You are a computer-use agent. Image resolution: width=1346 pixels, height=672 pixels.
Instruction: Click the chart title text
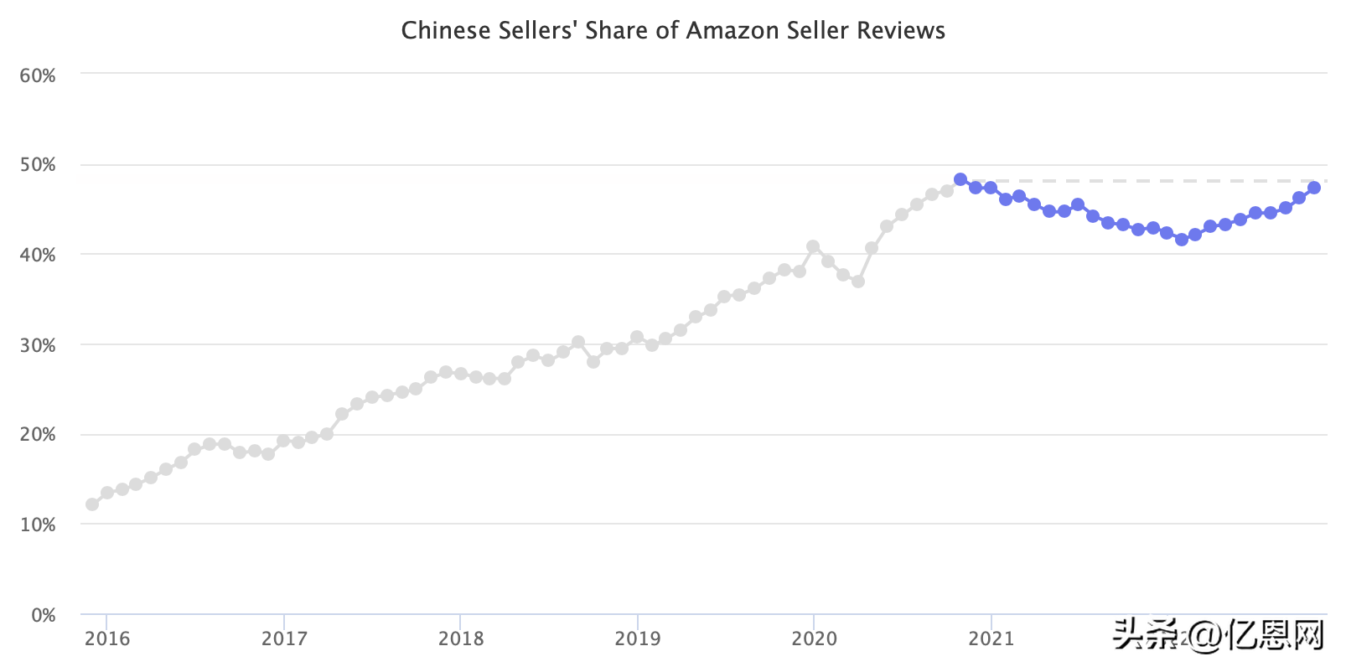(673, 31)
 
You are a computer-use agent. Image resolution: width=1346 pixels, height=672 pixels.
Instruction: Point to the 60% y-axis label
(38, 75)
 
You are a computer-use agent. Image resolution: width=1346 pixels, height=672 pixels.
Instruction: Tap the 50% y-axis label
(38, 164)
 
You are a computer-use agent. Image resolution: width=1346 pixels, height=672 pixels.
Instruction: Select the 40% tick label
(38, 255)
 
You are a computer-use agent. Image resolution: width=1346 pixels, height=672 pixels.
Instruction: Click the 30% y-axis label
(38, 345)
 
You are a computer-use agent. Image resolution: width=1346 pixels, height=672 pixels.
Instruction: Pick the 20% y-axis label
(38, 434)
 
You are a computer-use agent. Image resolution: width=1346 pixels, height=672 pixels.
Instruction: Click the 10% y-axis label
(38, 525)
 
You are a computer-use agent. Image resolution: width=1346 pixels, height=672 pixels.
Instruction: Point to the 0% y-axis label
(43, 615)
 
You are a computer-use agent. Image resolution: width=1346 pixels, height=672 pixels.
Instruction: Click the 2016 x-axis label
(107, 638)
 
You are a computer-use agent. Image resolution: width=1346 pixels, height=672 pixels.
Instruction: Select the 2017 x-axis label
(284, 638)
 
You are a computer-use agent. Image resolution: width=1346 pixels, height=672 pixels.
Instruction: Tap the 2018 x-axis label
(461, 638)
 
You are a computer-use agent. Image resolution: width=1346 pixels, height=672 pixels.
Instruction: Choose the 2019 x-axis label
(638, 638)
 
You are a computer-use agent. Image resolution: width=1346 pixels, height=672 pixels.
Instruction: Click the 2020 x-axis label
(814, 638)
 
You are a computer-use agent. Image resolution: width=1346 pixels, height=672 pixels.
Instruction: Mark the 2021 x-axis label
(991, 638)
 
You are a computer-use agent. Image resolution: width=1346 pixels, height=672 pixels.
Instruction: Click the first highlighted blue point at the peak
(960, 179)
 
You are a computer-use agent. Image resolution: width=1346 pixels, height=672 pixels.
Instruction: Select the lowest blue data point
(1182, 240)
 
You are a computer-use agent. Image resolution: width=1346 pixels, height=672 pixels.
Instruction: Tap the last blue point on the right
(1314, 188)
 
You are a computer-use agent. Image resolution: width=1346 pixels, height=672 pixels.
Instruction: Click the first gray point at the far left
(92, 504)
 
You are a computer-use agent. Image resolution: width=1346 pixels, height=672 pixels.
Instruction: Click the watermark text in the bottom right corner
(1219, 635)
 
